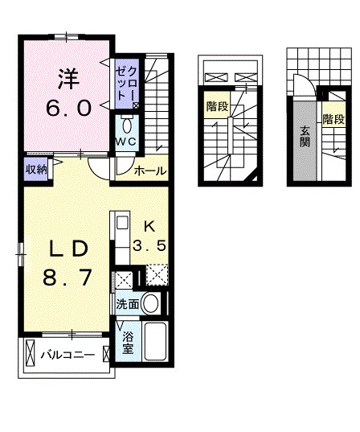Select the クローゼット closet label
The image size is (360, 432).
coord(125,84)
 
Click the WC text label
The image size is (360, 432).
coord(125,142)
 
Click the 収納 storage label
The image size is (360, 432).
coord(35,168)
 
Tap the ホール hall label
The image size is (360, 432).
coord(149,171)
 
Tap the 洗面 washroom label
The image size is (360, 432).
coord(127,304)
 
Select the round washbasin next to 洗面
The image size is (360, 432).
coord(150,303)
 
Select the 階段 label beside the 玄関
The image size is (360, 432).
coord(333,119)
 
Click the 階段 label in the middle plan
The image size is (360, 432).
coord(215,105)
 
